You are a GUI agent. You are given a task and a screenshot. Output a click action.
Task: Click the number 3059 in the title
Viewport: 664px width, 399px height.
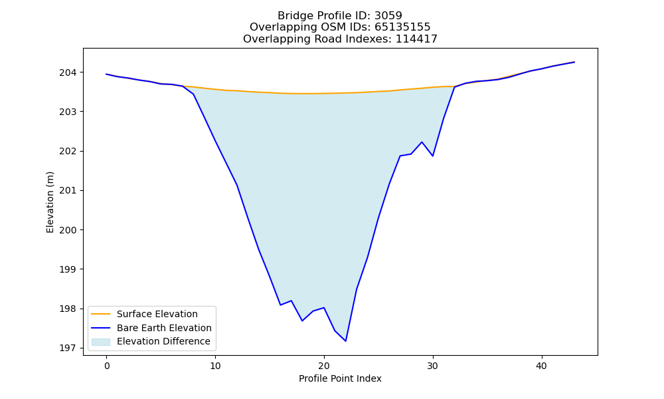click(x=388, y=16)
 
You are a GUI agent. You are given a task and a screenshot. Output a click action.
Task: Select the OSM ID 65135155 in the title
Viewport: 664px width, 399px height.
click(x=402, y=27)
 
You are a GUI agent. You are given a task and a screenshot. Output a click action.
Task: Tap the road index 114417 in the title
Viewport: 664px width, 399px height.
click(x=416, y=39)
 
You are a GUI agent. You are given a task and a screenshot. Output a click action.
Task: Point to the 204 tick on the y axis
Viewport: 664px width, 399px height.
click(x=68, y=72)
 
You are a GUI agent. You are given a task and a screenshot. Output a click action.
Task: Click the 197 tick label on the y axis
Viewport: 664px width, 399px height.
click(x=68, y=348)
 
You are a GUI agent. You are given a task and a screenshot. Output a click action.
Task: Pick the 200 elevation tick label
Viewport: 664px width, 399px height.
click(x=68, y=230)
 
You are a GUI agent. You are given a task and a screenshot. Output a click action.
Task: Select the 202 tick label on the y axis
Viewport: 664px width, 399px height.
click(x=68, y=152)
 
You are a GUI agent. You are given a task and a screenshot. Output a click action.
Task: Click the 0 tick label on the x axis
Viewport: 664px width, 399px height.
click(x=107, y=366)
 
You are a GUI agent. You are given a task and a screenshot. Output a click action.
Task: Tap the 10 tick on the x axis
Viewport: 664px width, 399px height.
click(x=215, y=366)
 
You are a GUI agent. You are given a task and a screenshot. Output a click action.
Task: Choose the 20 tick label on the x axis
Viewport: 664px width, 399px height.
click(x=324, y=366)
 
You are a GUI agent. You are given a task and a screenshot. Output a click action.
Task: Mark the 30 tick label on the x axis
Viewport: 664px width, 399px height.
click(x=433, y=366)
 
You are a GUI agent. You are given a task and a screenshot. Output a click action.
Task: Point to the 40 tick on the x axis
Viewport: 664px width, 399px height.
click(x=542, y=366)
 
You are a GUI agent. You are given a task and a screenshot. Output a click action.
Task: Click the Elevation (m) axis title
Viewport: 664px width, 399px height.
click(x=50, y=202)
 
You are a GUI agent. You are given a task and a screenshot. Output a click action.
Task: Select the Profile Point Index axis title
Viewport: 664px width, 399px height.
click(x=340, y=378)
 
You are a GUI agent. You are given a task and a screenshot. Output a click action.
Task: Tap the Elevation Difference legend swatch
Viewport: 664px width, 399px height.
click(x=101, y=341)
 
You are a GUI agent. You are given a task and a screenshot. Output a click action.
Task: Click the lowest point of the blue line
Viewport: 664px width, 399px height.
click(x=345, y=341)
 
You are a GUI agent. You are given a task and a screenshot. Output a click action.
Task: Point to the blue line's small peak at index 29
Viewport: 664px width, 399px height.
click(x=422, y=142)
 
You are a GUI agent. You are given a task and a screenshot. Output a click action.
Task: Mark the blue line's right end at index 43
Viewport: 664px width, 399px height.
click(x=574, y=62)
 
